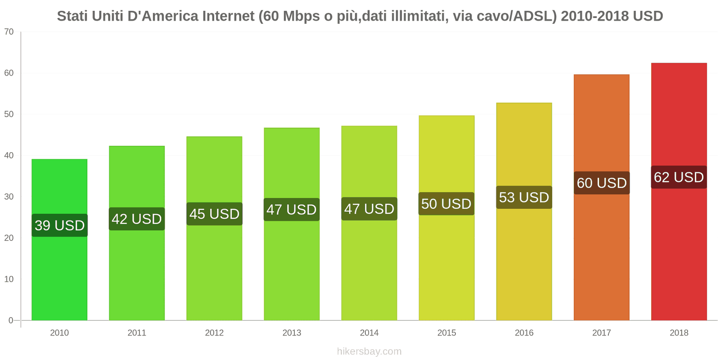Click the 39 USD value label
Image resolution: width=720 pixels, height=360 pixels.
coord(59,225)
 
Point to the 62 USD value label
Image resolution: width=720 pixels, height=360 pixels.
coord(679,177)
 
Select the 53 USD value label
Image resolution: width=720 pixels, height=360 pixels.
coord(524,197)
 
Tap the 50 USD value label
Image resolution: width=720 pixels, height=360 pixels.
coord(446,203)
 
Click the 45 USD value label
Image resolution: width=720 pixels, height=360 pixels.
coord(214,214)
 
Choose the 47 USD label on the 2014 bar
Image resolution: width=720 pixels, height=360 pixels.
coord(369,209)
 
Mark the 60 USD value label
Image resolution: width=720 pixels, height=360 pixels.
coord(602,183)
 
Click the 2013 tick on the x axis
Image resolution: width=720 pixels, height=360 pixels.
coord(292,333)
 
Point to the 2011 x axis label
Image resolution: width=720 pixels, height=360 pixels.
coord(137,333)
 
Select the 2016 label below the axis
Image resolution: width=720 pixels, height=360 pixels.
coord(524,333)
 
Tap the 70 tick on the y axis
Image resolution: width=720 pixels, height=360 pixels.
coord(9,32)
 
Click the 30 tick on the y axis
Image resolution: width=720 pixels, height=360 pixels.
coord(9,197)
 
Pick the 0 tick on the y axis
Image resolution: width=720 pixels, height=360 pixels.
coord(11,320)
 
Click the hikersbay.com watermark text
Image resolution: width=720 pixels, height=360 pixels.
coord(369,351)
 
